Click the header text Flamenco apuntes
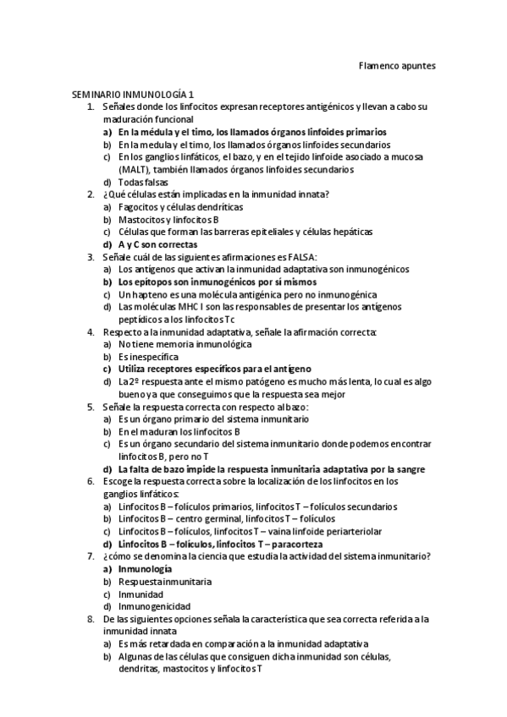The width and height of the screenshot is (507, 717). tap(397, 64)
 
